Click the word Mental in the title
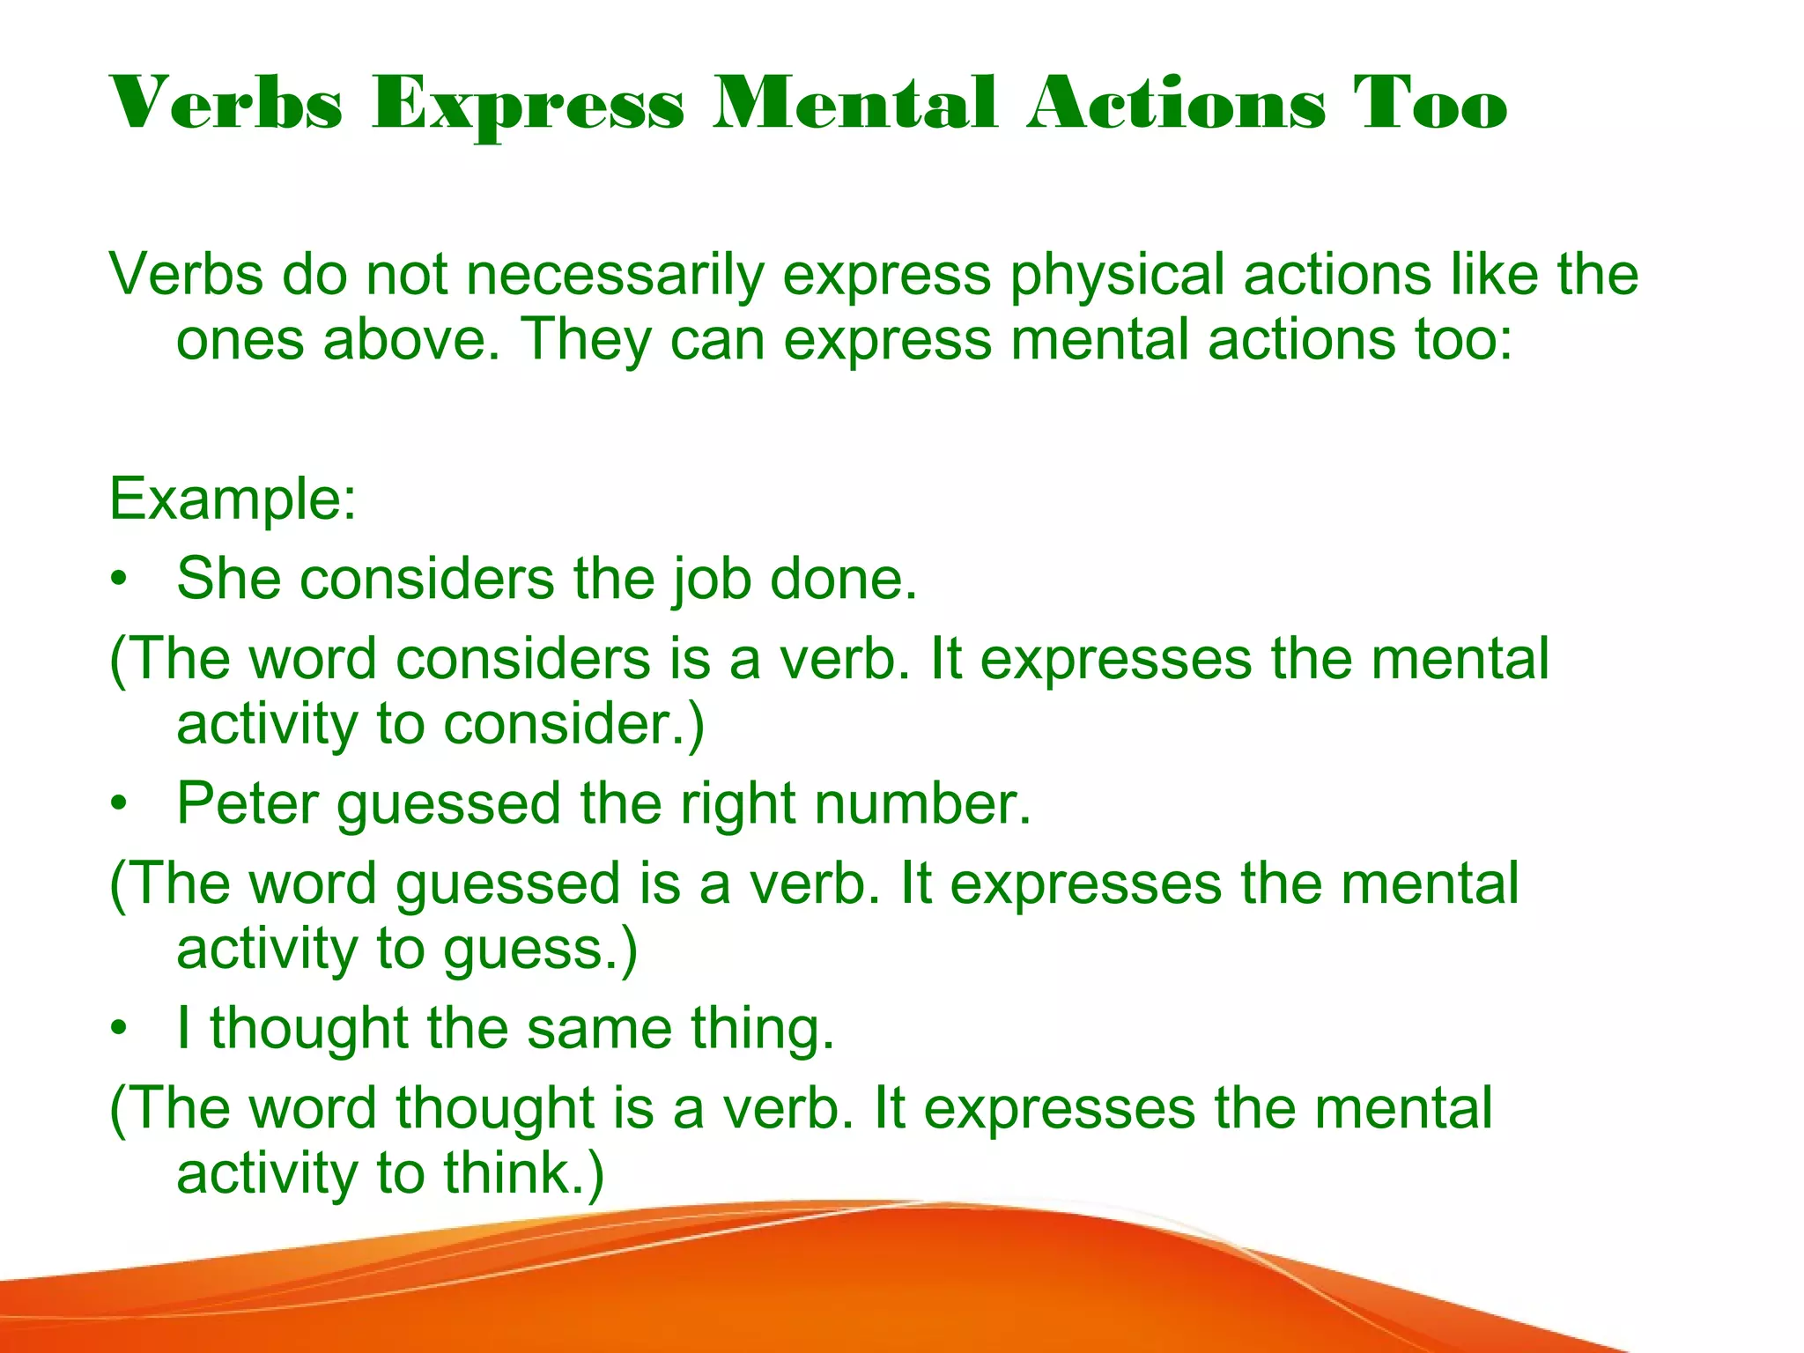[854, 105]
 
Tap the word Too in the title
[1430, 105]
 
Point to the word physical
[1117, 275]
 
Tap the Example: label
[233, 499]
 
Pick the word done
[843, 580]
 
